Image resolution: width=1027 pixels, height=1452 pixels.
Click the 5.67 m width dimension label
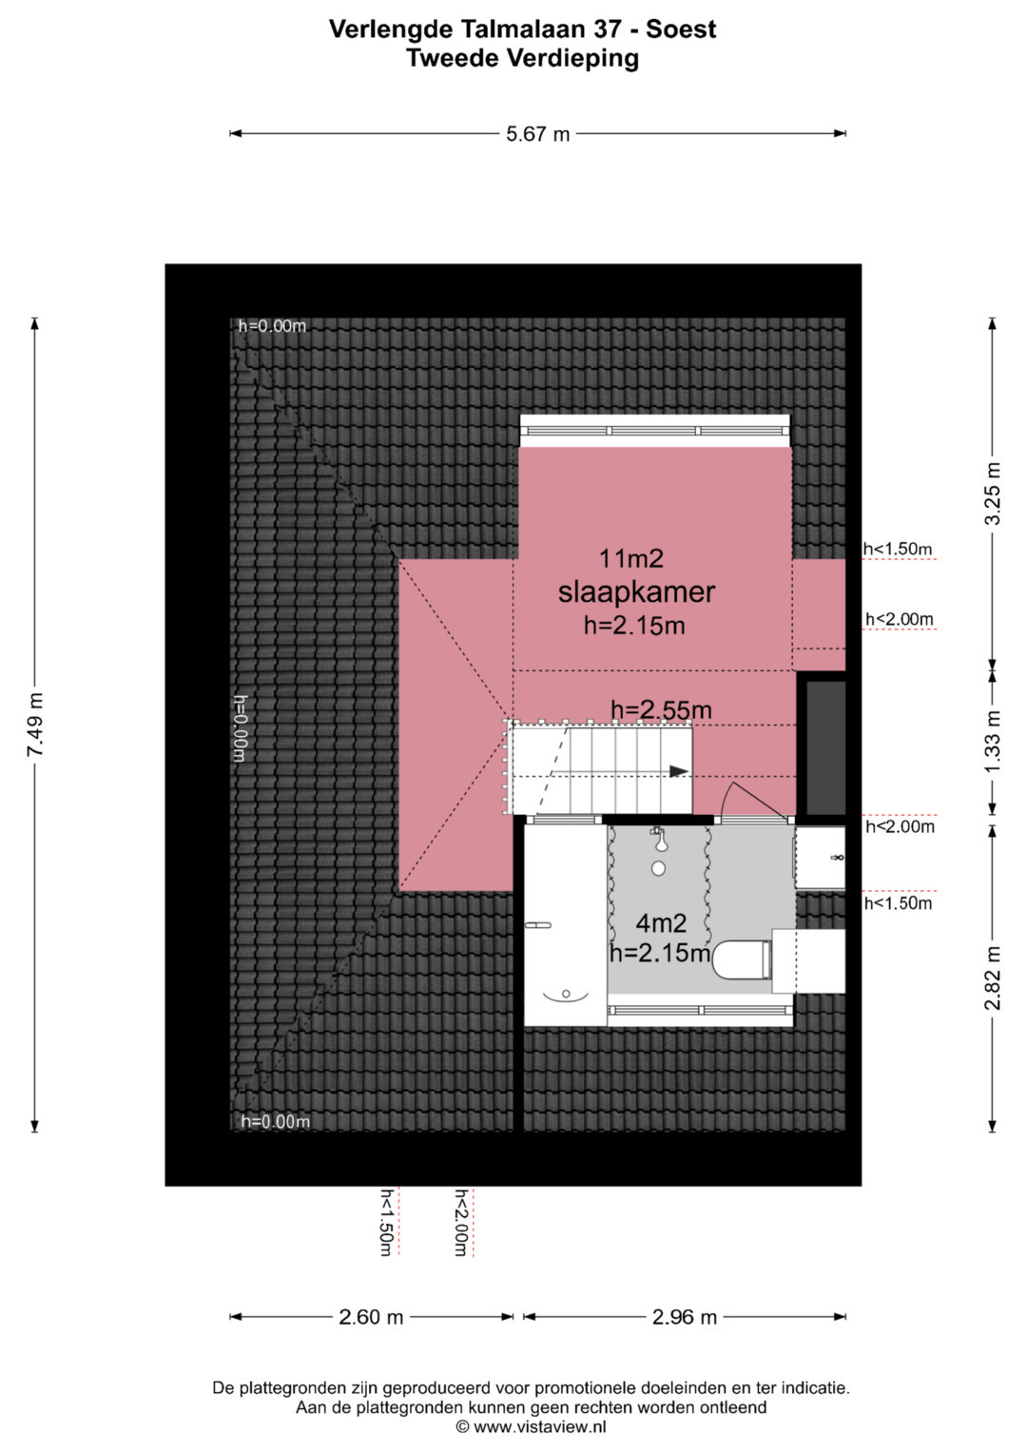(x=537, y=134)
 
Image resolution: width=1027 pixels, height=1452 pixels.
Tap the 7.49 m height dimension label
(x=35, y=724)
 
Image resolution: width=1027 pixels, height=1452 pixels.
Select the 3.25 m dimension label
(x=993, y=493)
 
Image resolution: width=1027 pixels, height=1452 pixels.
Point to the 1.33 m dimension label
(x=993, y=742)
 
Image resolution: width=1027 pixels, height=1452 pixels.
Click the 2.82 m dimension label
(x=993, y=978)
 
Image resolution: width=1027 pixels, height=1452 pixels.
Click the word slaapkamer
(x=636, y=591)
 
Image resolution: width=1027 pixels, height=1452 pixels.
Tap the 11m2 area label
(x=630, y=558)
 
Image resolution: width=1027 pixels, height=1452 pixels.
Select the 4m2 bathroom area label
(x=661, y=921)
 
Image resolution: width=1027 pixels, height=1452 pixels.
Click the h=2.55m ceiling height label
(x=661, y=709)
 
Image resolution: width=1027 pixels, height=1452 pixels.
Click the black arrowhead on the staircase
(x=678, y=771)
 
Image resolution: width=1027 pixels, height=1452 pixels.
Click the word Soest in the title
(x=681, y=29)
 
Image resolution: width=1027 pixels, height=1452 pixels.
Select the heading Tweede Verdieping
(x=523, y=58)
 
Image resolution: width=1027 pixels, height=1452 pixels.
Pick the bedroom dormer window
(x=655, y=431)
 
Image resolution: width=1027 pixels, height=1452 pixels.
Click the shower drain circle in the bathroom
(x=659, y=868)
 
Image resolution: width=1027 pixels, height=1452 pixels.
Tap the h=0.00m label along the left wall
(x=240, y=728)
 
